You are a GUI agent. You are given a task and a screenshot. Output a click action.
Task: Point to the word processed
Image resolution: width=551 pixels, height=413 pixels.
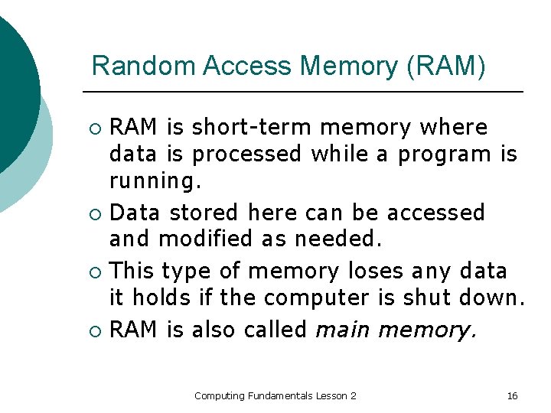pos(246,154)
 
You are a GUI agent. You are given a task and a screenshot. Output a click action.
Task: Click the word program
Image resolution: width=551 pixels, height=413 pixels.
pos(445,154)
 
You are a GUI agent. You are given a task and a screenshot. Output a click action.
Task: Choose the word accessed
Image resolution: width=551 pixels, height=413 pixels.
pos(436,212)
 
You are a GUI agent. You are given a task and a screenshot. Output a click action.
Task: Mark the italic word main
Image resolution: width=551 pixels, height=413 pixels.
pos(342,330)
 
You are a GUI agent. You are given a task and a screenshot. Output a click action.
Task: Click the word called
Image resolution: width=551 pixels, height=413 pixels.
pos(275,330)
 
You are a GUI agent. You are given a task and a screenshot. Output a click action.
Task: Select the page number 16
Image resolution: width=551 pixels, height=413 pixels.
pos(512,395)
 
